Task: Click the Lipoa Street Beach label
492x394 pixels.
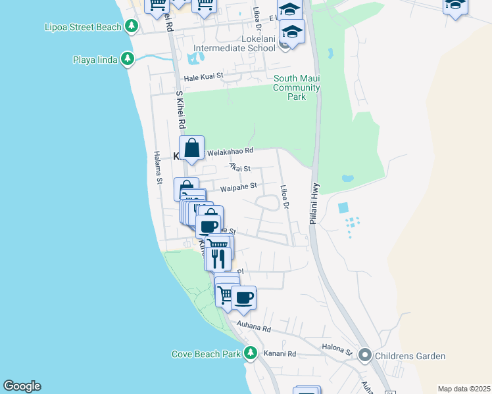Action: pos(83,27)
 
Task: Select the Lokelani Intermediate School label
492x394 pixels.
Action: pos(234,48)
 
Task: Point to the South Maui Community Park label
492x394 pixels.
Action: pos(297,87)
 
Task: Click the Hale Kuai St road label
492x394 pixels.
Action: pos(204,76)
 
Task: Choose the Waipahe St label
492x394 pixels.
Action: pos(237,186)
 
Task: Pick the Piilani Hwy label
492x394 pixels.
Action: pos(316,197)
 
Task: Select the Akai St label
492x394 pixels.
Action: pos(240,167)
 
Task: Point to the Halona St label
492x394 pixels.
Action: pos(337,349)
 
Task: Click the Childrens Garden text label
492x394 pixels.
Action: pos(410,357)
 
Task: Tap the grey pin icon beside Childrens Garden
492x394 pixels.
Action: pos(365,357)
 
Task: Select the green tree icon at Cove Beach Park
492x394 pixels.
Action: pos(250,353)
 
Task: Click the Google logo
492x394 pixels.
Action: pos(22,386)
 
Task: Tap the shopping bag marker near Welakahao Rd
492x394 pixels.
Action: pos(191,148)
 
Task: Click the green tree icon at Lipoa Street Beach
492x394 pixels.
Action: pos(132,26)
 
